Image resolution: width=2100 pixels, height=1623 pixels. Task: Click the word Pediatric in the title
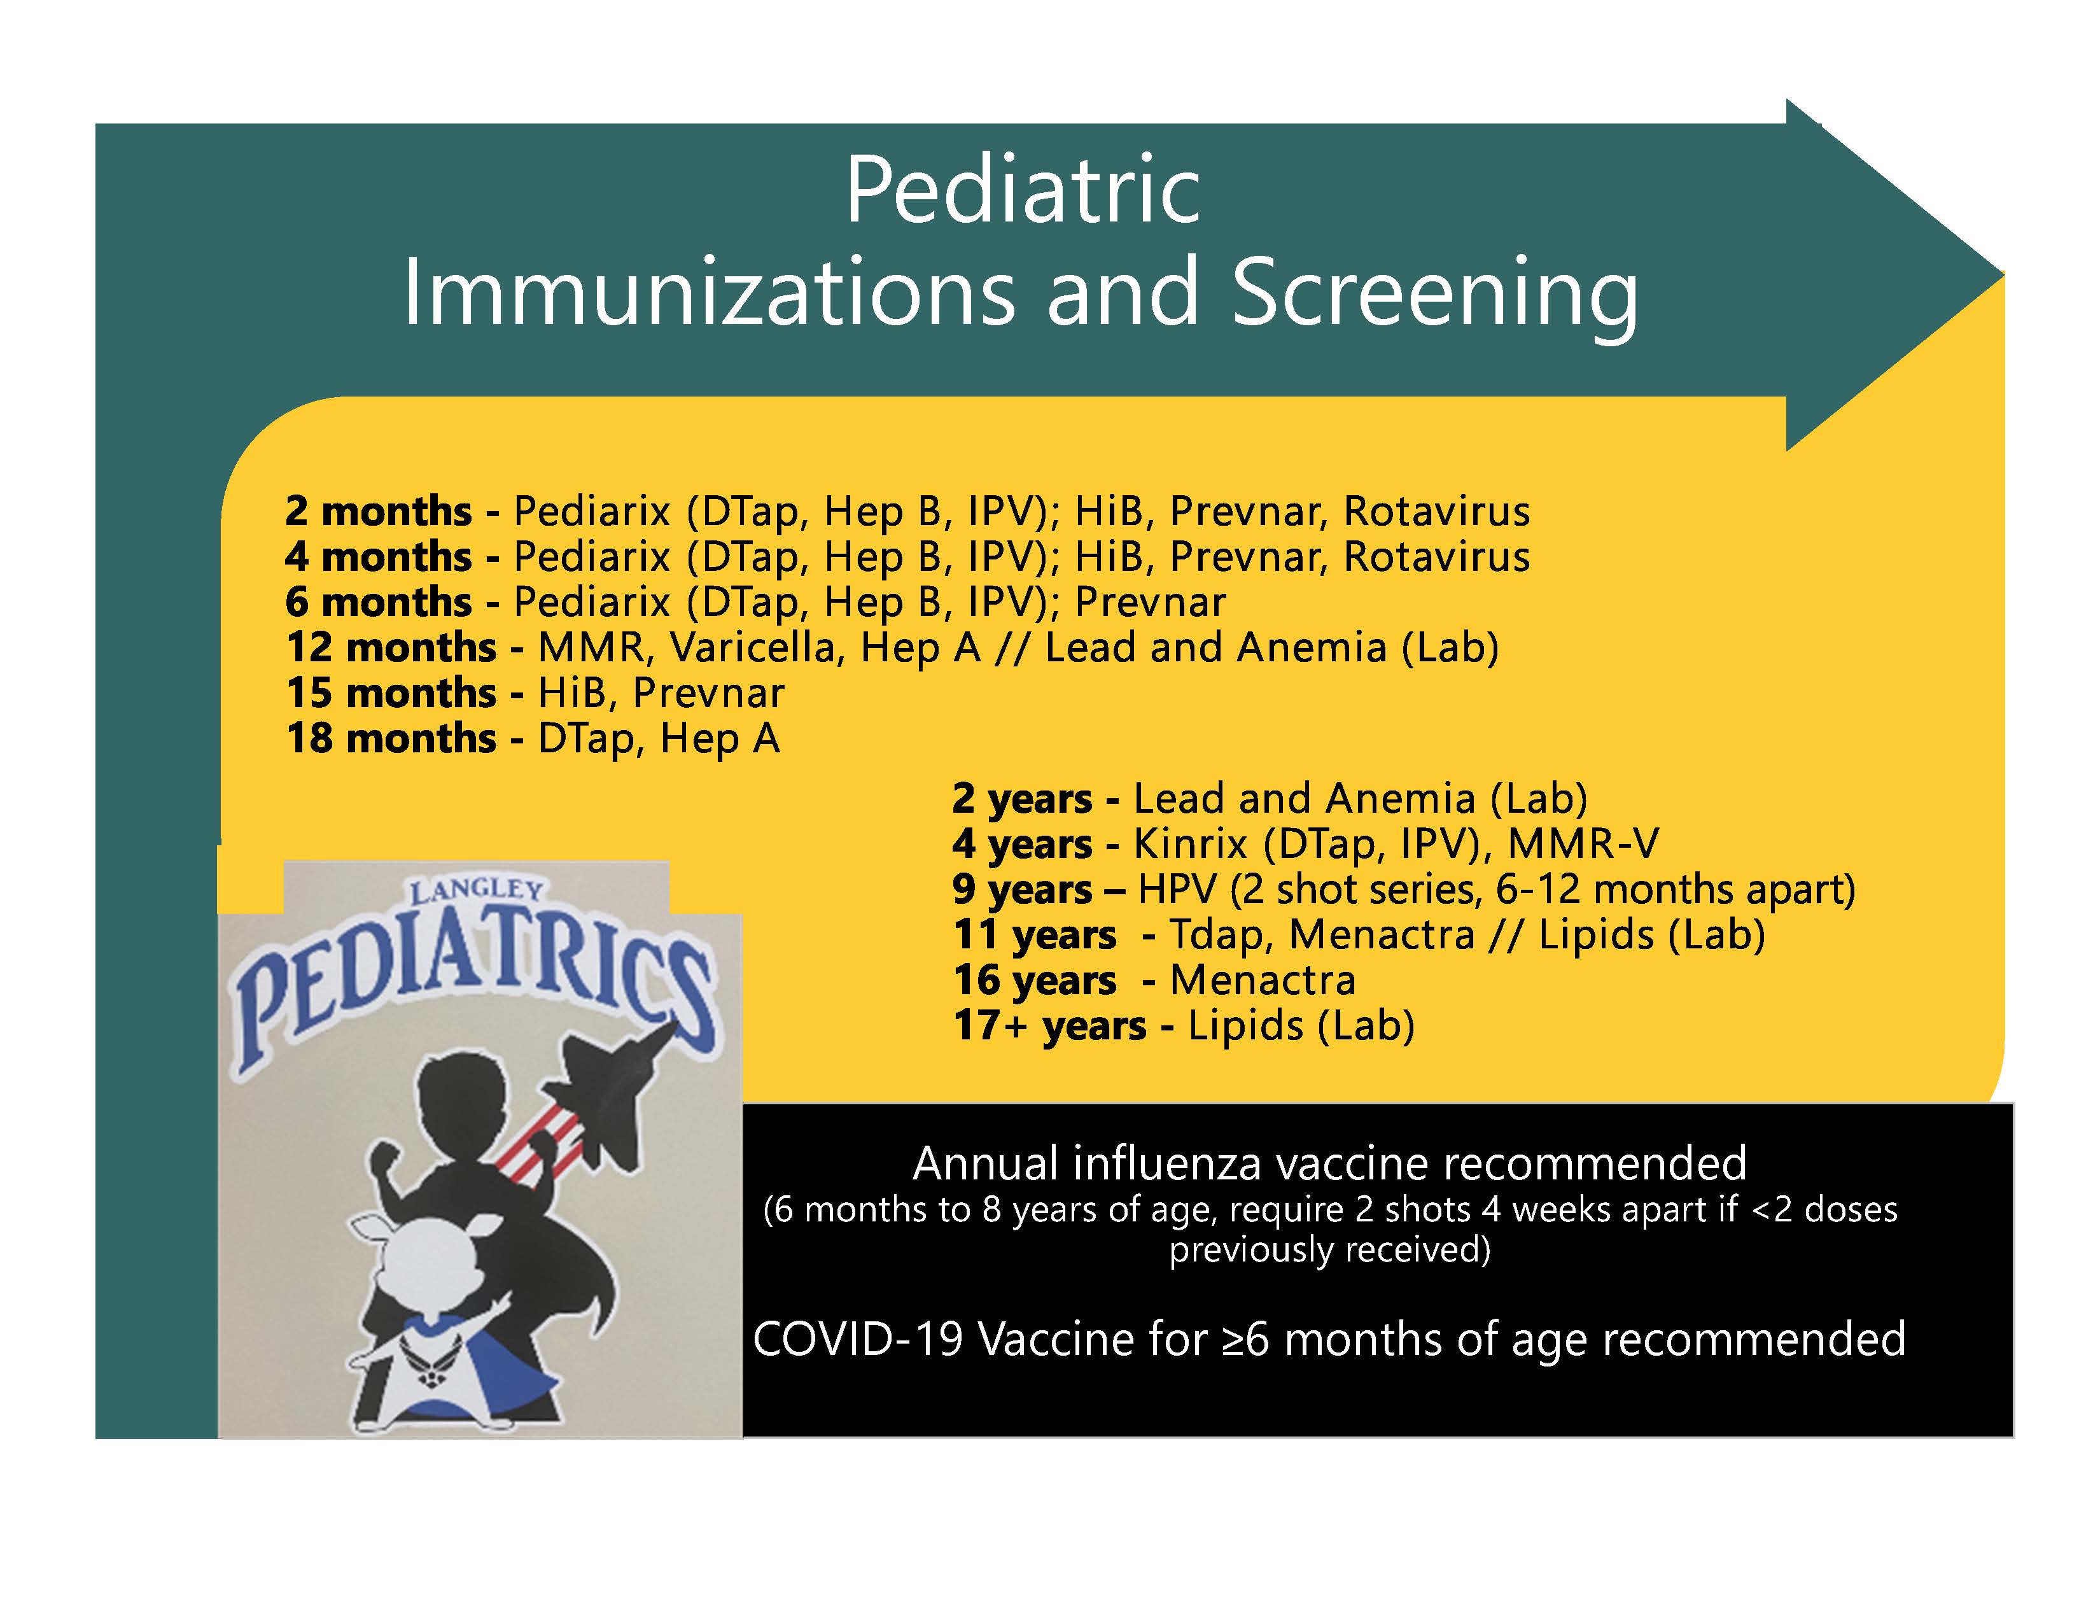pos(1023,190)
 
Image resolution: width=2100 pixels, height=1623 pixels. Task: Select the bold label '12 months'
pos(391,647)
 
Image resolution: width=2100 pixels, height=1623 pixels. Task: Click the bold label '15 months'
pos(391,692)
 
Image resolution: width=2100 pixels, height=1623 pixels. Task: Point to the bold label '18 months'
pos(391,738)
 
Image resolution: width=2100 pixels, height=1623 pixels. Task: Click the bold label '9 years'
pos(1023,889)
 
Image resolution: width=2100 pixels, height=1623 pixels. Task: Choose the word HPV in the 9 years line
pos(1178,889)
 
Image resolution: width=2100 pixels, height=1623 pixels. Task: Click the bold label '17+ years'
pos(1050,1026)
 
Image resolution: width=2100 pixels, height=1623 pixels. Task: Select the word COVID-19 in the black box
pos(858,1339)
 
